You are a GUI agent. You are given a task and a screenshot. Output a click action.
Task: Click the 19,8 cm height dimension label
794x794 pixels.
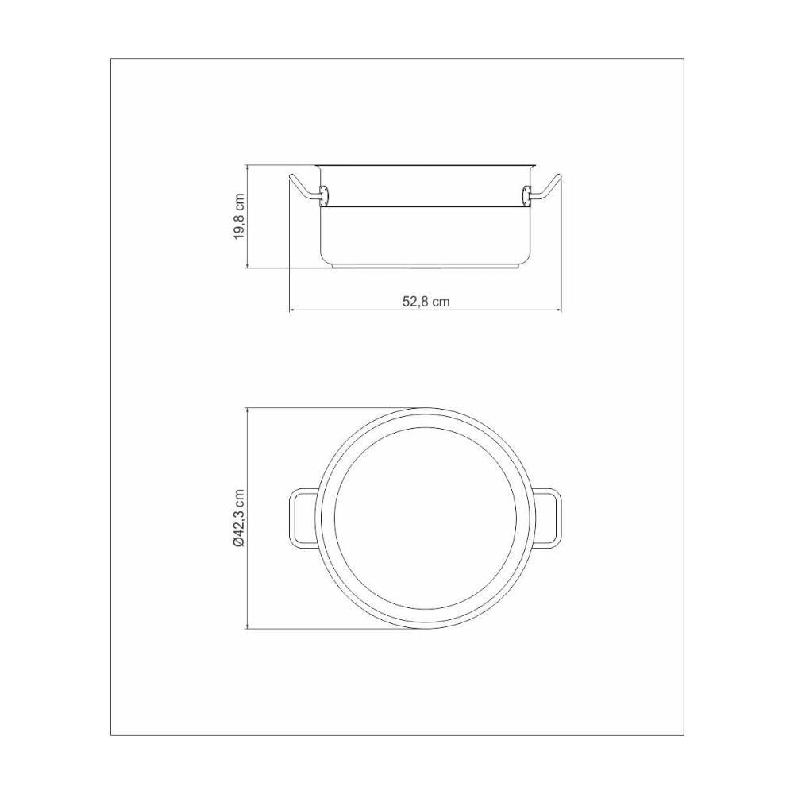tap(240, 216)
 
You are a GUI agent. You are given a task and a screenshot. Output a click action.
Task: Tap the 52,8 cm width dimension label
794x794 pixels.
tap(426, 302)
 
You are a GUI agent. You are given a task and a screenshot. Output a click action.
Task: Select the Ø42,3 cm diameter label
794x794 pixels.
tap(240, 518)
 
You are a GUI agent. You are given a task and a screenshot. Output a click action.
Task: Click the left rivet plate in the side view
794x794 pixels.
tap(324, 195)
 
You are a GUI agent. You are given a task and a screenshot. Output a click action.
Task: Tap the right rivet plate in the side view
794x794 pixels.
tap(526, 195)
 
